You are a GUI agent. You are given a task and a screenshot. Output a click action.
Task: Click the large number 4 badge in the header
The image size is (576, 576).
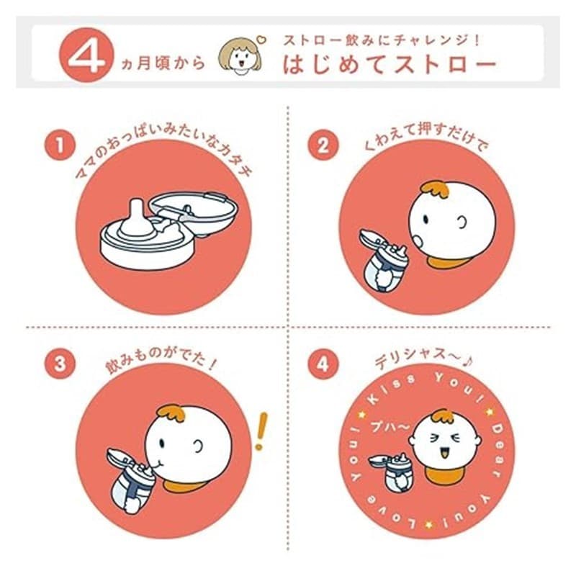(86, 55)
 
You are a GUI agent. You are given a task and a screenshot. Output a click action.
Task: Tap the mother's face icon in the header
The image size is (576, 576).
(240, 55)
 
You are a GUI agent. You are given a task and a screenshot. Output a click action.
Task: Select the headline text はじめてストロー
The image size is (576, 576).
(390, 65)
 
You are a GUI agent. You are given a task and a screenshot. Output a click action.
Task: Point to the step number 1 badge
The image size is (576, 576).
(60, 145)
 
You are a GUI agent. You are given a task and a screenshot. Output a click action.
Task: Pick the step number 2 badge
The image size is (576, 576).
(323, 145)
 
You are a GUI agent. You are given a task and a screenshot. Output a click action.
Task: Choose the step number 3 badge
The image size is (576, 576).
(60, 364)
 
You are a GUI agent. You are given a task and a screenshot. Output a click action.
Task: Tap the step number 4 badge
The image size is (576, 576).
(323, 364)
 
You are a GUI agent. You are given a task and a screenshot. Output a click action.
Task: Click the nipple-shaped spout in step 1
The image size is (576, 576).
(136, 219)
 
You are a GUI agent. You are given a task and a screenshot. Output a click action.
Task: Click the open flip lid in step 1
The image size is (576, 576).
(194, 210)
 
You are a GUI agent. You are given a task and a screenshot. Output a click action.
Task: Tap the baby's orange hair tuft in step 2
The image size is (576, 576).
(436, 189)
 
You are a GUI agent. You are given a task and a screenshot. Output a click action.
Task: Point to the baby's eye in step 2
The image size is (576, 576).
(426, 219)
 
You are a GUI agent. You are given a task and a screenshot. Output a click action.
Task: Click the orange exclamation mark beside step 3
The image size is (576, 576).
(261, 431)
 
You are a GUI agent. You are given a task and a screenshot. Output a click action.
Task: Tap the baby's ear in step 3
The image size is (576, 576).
(198, 446)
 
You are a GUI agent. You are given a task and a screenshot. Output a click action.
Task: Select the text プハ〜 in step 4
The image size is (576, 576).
(390, 426)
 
